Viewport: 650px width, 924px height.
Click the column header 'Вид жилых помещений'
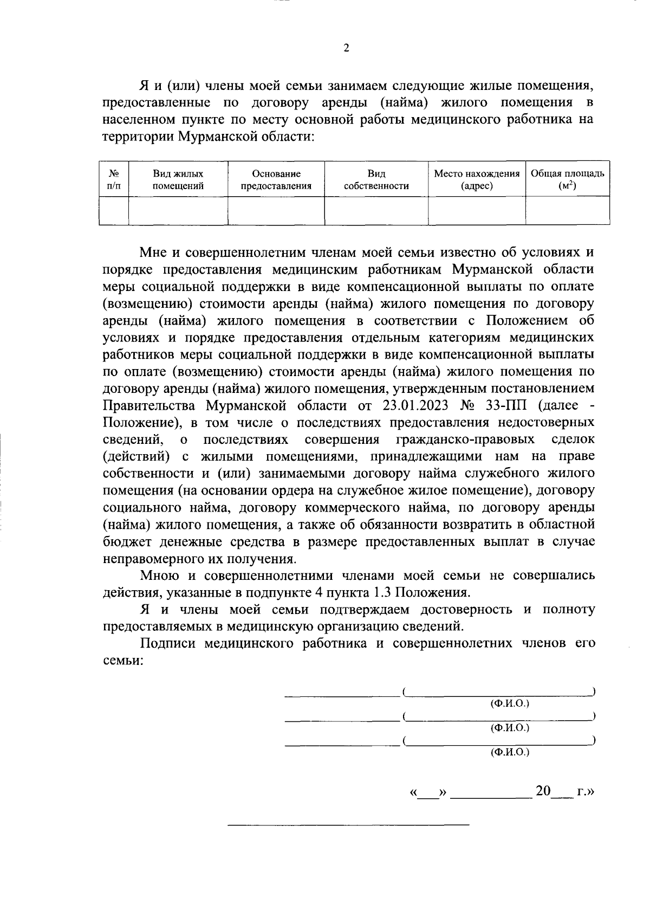pos(178,180)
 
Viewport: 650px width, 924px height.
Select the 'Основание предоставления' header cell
pos(276,180)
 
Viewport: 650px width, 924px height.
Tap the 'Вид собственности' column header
pos(376,180)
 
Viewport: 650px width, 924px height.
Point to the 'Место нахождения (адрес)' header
pos(477,180)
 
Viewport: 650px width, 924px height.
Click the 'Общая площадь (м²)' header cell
pos(567,180)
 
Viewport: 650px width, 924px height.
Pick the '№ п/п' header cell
pos(114,180)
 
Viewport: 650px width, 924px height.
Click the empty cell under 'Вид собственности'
pos(376,210)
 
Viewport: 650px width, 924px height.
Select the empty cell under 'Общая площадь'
pos(567,210)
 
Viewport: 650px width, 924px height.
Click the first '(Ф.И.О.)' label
pos(509,703)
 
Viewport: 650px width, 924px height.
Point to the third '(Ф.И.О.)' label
pos(509,752)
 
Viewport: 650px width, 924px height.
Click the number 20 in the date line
pos(543,792)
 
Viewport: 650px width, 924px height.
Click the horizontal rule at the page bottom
pos(348,825)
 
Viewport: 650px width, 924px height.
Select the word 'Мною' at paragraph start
pos(159,575)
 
